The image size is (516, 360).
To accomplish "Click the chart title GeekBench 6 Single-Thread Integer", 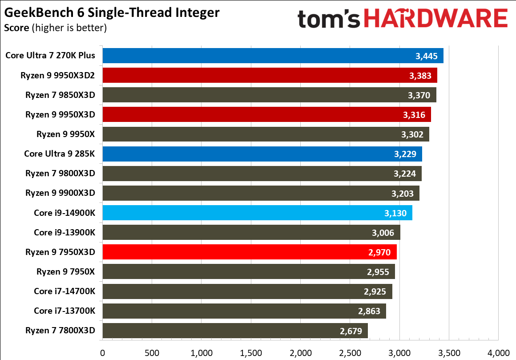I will [112, 12].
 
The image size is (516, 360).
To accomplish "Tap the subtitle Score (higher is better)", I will [55, 28].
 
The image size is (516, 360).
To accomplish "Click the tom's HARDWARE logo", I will [402, 19].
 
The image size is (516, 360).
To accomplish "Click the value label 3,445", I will [427, 56].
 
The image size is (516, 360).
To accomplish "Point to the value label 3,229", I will [405, 154].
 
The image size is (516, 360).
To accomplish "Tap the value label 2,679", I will [351, 331].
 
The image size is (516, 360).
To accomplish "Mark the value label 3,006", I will [383, 232].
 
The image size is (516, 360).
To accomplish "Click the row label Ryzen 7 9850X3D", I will [60, 95].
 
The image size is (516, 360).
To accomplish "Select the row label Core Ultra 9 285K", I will [60, 154].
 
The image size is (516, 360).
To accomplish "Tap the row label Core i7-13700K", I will [64, 311].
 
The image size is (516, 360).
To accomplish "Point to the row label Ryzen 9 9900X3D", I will [60, 193].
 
